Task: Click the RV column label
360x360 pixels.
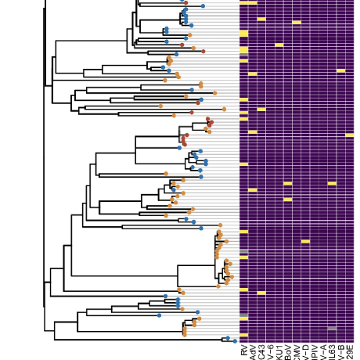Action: (x=243, y=352)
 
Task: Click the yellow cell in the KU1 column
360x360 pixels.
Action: (x=279, y=45)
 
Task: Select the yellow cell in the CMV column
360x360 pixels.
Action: (x=297, y=22)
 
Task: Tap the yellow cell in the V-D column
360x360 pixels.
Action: (x=305, y=241)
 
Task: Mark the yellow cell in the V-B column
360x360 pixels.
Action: (x=340, y=70)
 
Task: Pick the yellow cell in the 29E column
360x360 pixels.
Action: (x=350, y=135)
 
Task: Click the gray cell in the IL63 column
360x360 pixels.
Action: (x=332, y=329)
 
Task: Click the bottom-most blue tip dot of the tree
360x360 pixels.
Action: (x=234, y=340)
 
